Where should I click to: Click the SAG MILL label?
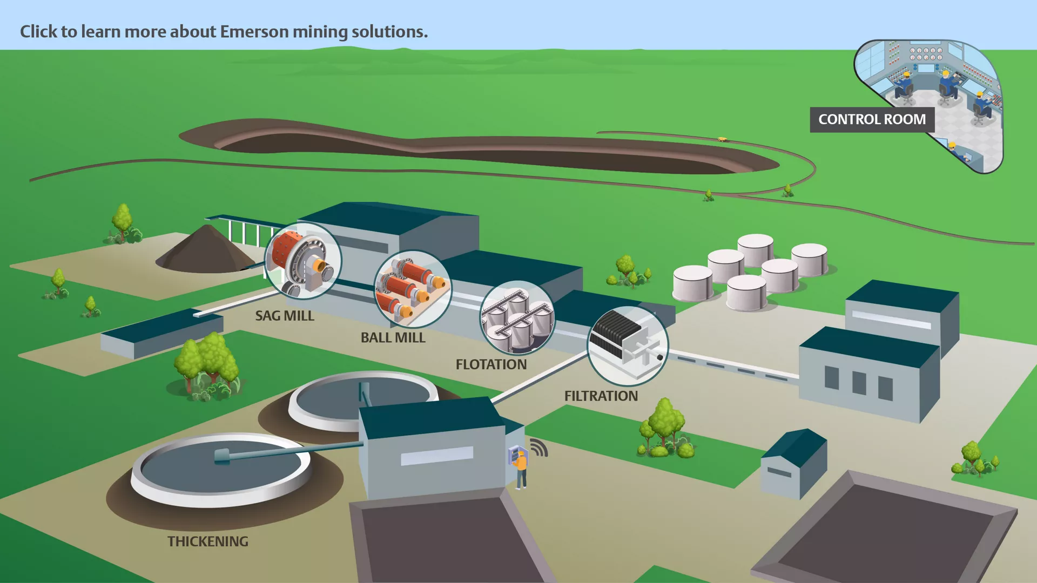(285, 316)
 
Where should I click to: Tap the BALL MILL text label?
(393, 337)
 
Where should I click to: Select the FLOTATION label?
(491, 364)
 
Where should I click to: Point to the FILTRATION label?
(601, 396)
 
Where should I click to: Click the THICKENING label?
(208, 541)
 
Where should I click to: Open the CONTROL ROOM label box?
(872, 119)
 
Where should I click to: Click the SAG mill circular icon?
(303, 261)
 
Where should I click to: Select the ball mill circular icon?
(413, 289)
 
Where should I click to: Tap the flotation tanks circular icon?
(517, 317)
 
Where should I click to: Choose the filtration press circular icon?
(628, 345)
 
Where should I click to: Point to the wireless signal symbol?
(539, 448)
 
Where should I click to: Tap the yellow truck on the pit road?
(722, 139)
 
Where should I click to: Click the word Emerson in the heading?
(254, 31)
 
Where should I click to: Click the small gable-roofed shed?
(793, 464)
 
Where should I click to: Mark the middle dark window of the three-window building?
(859, 383)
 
